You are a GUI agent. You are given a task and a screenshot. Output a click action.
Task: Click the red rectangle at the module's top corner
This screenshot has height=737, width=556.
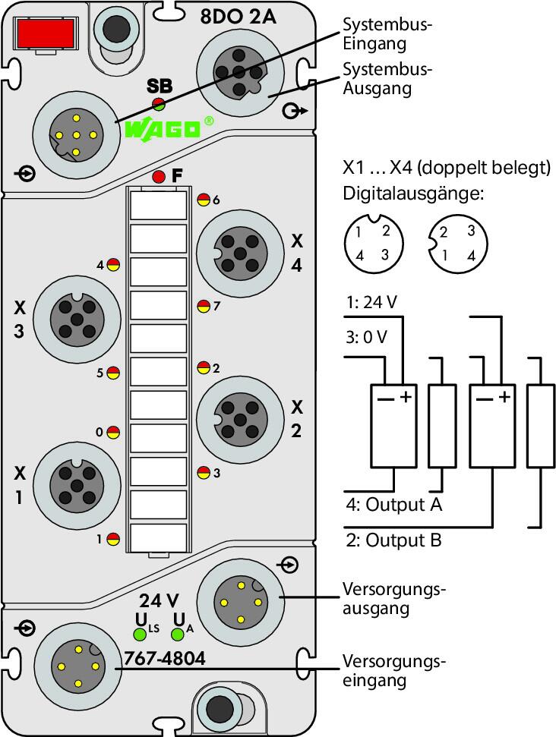click(x=45, y=34)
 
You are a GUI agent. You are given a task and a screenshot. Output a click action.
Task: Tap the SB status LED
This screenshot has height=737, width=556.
click(x=158, y=104)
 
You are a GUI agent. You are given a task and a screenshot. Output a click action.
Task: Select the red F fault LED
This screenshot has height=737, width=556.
click(x=159, y=177)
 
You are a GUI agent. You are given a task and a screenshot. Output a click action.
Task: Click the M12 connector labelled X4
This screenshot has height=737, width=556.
click(x=240, y=254)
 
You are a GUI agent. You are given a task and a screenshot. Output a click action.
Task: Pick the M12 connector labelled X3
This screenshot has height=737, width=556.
click(x=77, y=319)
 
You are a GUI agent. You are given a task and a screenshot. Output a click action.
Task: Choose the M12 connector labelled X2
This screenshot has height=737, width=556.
click(x=240, y=419)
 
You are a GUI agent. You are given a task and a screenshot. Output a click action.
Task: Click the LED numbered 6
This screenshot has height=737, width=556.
click(x=204, y=200)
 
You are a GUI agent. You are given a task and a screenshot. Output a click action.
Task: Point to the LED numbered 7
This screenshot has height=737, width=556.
click(x=204, y=307)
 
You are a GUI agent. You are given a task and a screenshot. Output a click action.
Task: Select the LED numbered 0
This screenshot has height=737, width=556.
click(x=113, y=432)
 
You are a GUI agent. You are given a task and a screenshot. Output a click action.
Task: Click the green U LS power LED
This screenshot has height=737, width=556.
click(x=140, y=635)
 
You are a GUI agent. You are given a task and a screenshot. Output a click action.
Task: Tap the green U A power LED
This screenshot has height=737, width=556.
click(x=177, y=635)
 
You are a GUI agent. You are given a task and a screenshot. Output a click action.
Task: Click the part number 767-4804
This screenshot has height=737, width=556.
click(x=165, y=659)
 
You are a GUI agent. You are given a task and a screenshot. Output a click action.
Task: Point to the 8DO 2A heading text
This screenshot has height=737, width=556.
click(x=238, y=17)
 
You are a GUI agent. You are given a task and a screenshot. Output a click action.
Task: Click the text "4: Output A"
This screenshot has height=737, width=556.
click(x=394, y=505)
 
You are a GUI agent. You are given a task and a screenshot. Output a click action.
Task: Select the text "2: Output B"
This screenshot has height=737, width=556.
click(x=394, y=540)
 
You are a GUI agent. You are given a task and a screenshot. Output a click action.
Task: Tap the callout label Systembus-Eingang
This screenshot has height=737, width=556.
click(x=387, y=34)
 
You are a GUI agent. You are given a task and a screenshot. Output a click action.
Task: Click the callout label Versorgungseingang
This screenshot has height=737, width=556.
click(x=393, y=671)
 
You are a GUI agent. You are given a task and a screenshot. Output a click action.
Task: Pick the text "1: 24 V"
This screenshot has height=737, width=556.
click(x=371, y=302)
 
